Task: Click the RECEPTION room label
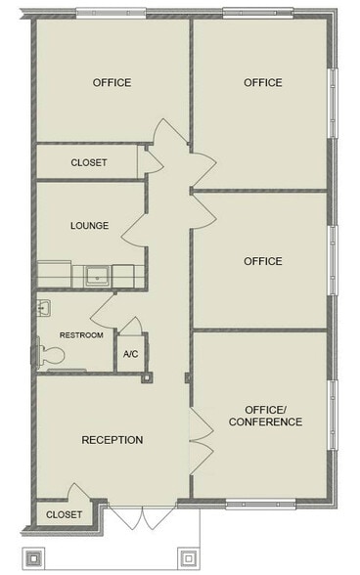(x=112, y=440)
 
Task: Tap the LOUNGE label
(x=89, y=226)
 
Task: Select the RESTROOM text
(x=81, y=335)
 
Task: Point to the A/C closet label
(x=130, y=354)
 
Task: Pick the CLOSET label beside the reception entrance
(x=64, y=513)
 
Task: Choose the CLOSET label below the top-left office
(x=89, y=162)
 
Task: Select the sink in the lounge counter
(x=96, y=275)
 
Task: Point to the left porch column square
(x=33, y=558)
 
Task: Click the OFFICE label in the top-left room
(x=112, y=82)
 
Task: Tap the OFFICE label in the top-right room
(x=262, y=82)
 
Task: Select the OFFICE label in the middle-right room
(x=262, y=261)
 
